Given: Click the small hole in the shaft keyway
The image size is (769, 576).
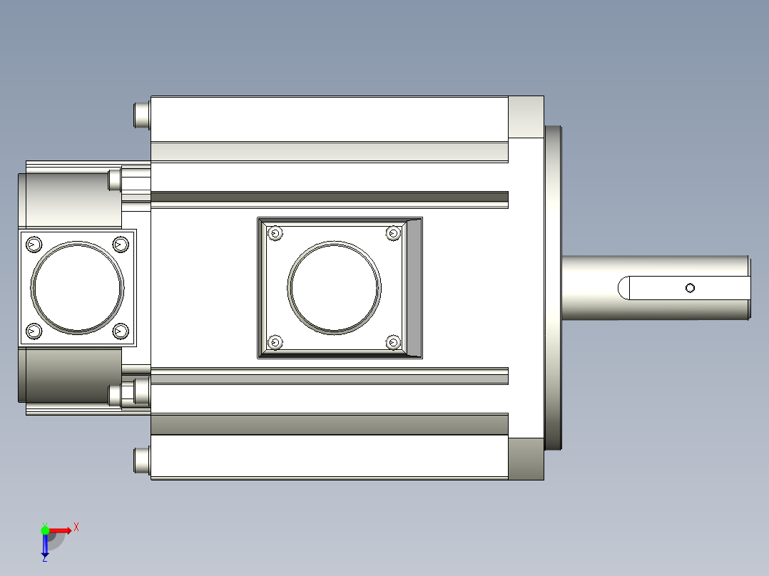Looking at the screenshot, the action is tap(690, 288).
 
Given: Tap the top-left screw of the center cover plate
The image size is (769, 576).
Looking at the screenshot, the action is tap(275, 233).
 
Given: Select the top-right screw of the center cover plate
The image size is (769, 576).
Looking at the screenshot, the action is tap(393, 233).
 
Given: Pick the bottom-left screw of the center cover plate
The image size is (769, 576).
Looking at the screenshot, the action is tap(275, 341).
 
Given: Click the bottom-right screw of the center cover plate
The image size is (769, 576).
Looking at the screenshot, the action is tap(393, 341).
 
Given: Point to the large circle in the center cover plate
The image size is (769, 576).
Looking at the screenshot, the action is tap(334, 242).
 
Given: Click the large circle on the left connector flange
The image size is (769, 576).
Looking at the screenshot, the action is tap(78, 242).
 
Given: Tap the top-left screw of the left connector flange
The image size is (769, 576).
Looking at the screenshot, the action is tap(34, 244).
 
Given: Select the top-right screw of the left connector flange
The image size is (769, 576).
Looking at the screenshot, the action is tap(121, 244).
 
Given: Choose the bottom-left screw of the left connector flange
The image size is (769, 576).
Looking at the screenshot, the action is tap(34, 331).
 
